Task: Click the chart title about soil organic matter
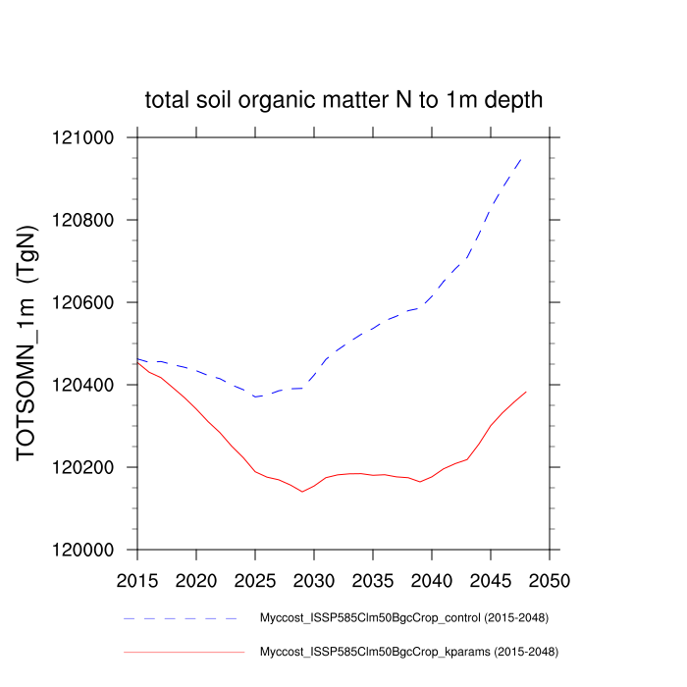pyautogui.click(x=343, y=100)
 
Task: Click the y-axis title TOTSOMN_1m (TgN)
pyautogui.click(x=28, y=343)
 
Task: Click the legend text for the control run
pyautogui.click(x=402, y=618)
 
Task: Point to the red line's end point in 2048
pyautogui.click(x=526, y=392)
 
